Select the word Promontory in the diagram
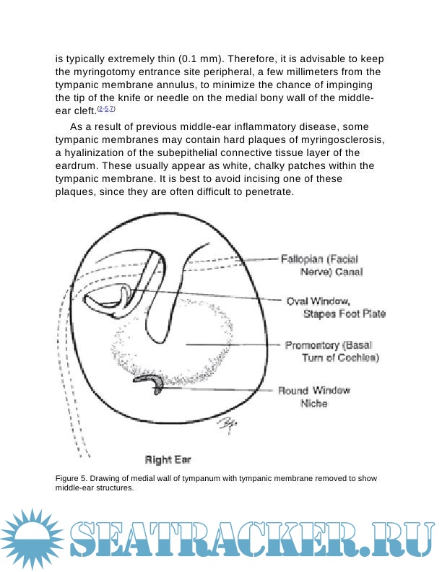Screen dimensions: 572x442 click(312, 344)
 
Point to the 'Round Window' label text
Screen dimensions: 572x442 click(314, 391)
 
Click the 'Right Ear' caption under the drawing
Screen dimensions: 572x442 click(168, 459)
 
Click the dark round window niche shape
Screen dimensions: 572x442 click(152, 382)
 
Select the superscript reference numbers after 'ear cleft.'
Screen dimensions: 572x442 click(105, 109)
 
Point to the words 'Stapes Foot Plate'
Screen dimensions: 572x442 click(344, 314)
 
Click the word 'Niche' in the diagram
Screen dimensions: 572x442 click(313, 404)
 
